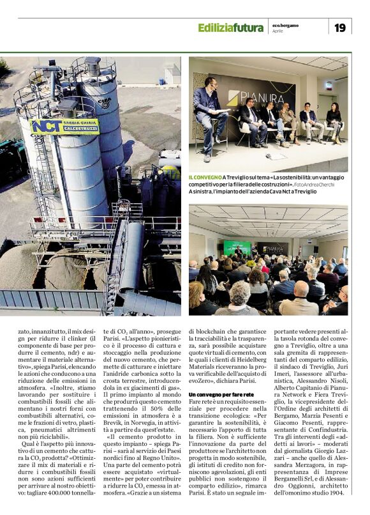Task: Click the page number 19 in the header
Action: (339, 27)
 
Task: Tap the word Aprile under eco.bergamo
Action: (278, 31)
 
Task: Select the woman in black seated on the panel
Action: (334, 121)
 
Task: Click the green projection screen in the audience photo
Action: (237, 248)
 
